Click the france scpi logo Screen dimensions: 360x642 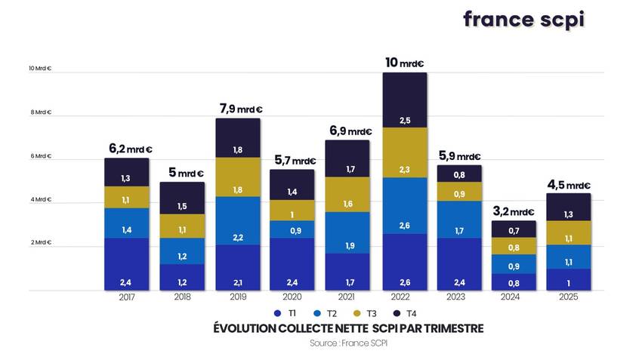523,20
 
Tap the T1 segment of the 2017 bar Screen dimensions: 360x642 127,264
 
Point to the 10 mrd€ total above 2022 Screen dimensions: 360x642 405,63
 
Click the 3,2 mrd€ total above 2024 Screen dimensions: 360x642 514,211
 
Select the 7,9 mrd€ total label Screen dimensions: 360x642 239,109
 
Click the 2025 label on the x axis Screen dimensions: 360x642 569,297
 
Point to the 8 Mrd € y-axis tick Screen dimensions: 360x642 40,112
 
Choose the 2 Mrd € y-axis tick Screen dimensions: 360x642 40,242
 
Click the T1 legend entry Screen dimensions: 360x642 286,312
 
